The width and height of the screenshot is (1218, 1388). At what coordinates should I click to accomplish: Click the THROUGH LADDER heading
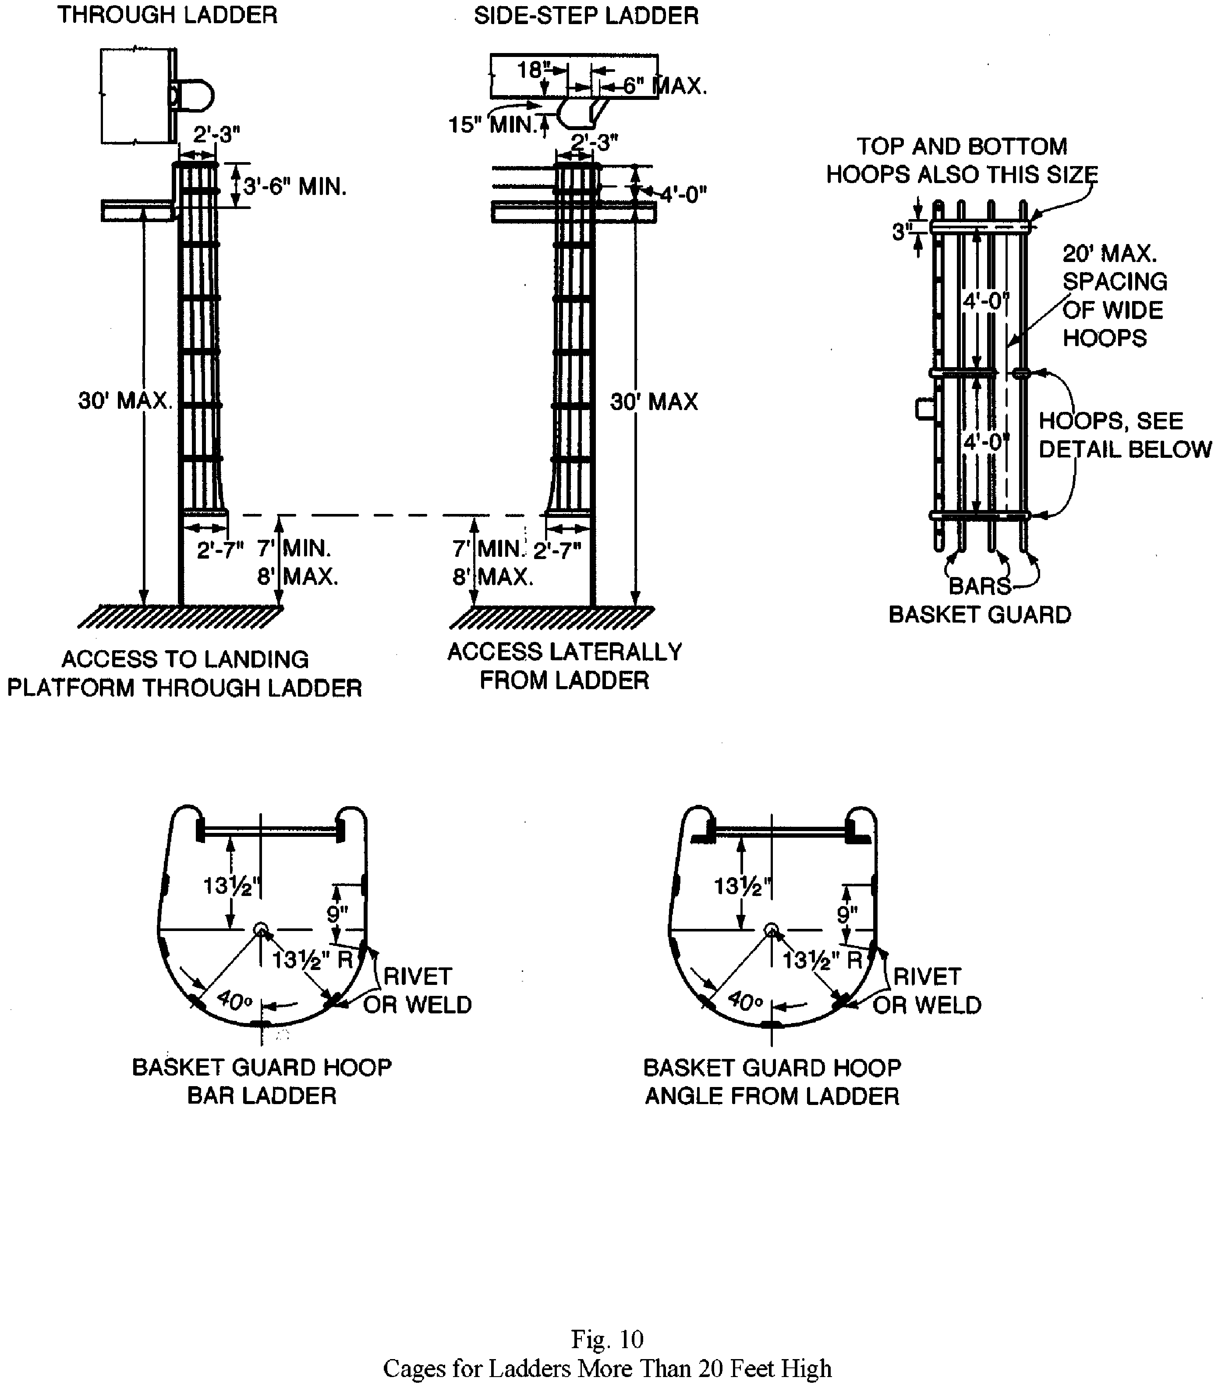click(167, 15)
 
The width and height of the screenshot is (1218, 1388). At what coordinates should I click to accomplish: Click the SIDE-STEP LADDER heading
click(586, 16)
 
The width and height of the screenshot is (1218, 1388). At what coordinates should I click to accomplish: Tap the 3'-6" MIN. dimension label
click(295, 186)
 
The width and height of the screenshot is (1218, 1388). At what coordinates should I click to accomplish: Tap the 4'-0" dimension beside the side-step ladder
click(683, 195)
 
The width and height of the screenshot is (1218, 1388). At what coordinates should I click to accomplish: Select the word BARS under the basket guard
click(980, 585)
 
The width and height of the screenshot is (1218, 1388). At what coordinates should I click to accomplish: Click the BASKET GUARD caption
click(980, 615)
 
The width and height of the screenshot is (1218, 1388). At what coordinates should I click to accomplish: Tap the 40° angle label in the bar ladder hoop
click(234, 999)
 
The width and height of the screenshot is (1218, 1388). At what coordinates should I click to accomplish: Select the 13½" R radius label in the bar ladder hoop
click(313, 960)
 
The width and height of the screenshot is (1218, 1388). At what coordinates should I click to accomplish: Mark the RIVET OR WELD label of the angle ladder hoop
click(927, 990)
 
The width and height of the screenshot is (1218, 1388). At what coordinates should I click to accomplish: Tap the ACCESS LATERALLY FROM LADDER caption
click(564, 666)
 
